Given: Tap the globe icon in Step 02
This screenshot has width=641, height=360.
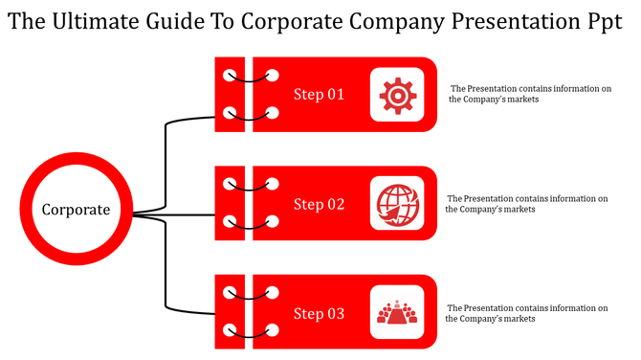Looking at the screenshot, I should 396,203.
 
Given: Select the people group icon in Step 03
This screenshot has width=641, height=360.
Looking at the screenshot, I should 396,313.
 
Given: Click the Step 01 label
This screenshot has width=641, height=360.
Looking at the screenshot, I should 319,95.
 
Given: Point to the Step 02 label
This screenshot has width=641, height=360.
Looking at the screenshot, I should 319,204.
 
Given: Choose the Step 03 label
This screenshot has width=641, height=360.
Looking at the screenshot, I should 319,314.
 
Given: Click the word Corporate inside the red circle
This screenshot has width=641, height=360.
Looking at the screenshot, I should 76,210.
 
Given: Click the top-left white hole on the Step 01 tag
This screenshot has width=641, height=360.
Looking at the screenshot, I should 229,74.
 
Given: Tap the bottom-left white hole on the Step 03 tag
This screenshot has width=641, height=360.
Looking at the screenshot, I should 229,332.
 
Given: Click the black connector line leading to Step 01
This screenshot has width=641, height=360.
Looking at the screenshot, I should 166,153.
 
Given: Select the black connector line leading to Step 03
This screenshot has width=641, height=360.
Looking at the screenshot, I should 166,273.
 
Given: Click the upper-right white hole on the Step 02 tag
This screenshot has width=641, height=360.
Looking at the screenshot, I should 273,183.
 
